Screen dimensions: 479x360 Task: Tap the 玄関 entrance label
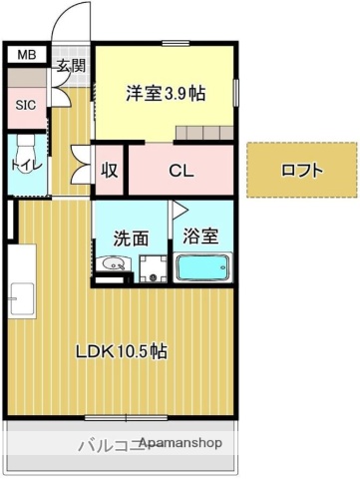(70, 67)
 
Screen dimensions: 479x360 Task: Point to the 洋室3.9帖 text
(165, 93)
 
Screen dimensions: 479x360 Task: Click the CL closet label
(180, 170)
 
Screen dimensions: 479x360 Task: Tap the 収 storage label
(110, 171)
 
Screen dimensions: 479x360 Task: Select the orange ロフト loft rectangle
(301, 170)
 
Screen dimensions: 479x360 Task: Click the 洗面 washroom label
(132, 239)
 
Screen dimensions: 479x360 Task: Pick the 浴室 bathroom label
(203, 239)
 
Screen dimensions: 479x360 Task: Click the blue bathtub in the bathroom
(203, 267)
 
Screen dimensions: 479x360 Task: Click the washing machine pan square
(154, 267)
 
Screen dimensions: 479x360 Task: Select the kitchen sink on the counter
(19, 296)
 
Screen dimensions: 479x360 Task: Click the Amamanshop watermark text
(180, 442)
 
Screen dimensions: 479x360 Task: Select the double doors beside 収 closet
(80, 164)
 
